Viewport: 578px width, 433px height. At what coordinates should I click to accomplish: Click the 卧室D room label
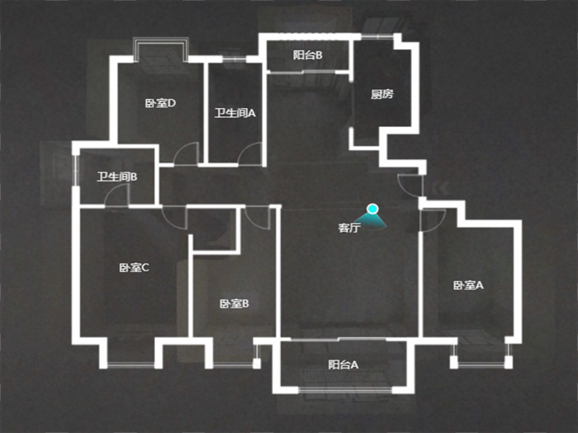tap(160, 103)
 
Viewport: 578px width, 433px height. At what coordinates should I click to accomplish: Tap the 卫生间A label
tap(235, 113)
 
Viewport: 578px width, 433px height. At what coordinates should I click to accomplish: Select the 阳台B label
tap(308, 55)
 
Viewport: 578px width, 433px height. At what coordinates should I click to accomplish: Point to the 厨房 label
tap(381, 94)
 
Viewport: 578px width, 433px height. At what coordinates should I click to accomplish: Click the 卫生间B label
tap(117, 176)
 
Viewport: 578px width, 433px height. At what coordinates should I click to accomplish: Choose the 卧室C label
tap(134, 267)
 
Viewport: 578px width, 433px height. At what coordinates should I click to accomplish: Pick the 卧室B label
tap(235, 304)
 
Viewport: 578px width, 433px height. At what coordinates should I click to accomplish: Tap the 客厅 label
tap(349, 228)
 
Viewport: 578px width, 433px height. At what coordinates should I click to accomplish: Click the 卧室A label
tap(468, 285)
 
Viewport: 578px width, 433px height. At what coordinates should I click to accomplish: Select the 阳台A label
tap(343, 365)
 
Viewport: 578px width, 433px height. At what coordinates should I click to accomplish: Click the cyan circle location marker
tap(372, 209)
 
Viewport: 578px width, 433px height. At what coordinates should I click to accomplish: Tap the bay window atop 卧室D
tap(161, 49)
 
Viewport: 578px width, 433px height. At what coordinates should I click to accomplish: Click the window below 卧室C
tap(130, 365)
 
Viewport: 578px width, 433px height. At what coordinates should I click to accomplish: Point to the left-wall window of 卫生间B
tap(75, 170)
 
